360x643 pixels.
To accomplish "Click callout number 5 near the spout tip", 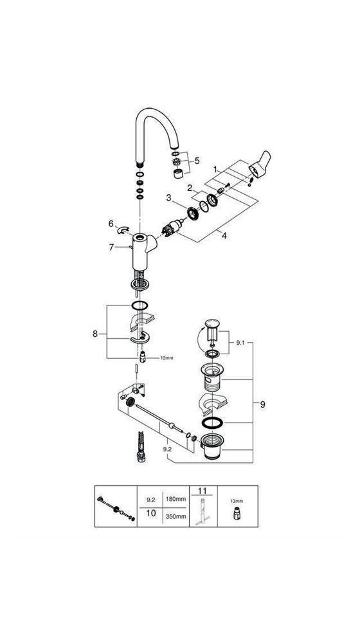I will tap(197, 161).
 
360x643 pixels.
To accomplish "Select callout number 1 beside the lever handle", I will tap(217, 168).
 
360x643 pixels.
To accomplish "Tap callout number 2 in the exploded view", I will tap(190, 189).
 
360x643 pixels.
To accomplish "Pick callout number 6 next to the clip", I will tap(111, 224).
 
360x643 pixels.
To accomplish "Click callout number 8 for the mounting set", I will tap(96, 334).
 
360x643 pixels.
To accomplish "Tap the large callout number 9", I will tap(262, 404).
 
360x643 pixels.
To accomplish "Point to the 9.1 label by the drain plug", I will tap(240, 345).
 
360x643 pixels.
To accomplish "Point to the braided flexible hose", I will tap(138, 443).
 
